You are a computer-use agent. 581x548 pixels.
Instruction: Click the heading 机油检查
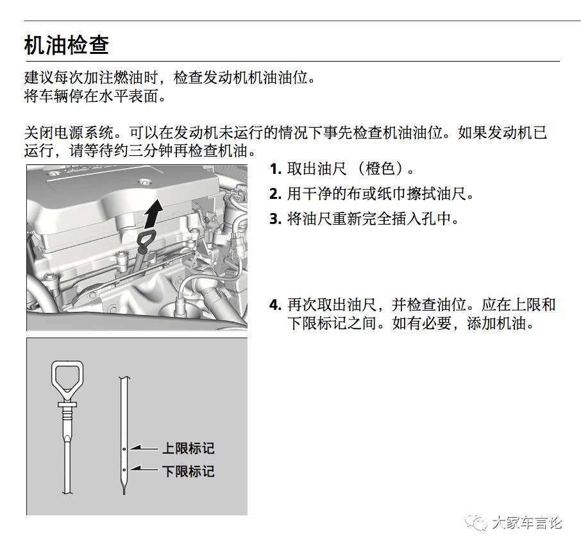point(67,45)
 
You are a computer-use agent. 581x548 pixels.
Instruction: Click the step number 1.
point(275,169)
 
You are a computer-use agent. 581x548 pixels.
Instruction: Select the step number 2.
point(275,194)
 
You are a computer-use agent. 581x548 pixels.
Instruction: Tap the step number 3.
point(275,219)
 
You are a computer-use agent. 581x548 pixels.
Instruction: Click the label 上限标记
point(187,449)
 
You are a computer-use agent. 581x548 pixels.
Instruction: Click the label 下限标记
point(187,472)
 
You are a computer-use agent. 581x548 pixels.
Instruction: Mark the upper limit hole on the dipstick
point(124,449)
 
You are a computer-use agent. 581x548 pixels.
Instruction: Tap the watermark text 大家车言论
point(526,523)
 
